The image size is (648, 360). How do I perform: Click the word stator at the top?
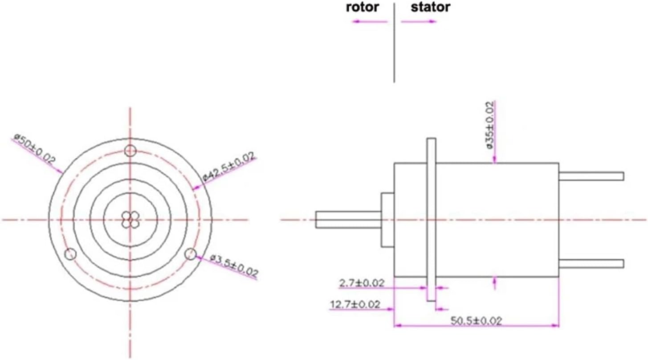pos(430,8)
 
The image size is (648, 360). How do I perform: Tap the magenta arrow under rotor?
pos(370,21)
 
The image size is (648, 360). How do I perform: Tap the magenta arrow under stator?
pos(419,21)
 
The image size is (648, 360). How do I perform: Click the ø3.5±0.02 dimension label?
pos(233,266)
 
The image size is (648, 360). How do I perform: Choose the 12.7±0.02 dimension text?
pos(355,305)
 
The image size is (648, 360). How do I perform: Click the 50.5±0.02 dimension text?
pos(476,321)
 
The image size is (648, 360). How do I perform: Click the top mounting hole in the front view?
pos(130,151)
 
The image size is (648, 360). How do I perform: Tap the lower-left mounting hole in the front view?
pos(70,254)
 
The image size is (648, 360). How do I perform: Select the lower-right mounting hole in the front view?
pos(190,254)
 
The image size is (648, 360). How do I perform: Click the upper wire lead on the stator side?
pos(591,176)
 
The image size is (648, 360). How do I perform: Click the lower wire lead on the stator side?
pos(591,264)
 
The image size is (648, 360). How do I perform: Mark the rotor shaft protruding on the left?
pos(347,220)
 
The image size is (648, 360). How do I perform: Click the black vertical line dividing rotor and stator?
pos(394,45)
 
